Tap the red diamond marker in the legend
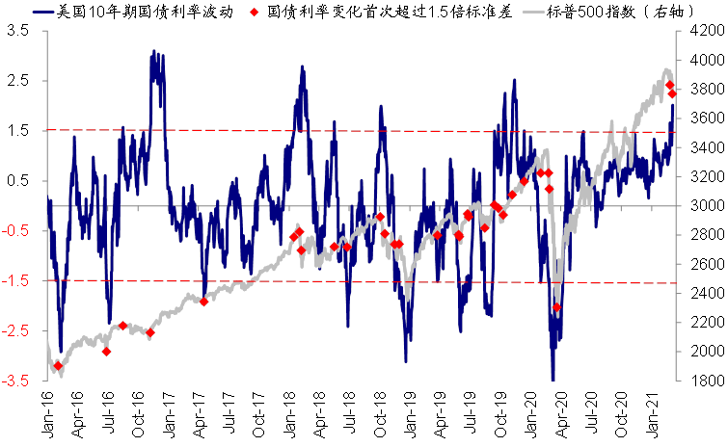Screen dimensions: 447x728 point(255,13)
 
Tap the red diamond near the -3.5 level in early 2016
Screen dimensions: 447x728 point(58,366)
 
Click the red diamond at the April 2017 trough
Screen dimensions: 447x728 point(203,302)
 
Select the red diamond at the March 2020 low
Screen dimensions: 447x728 point(556,307)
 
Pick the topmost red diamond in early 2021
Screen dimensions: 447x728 point(670,85)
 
